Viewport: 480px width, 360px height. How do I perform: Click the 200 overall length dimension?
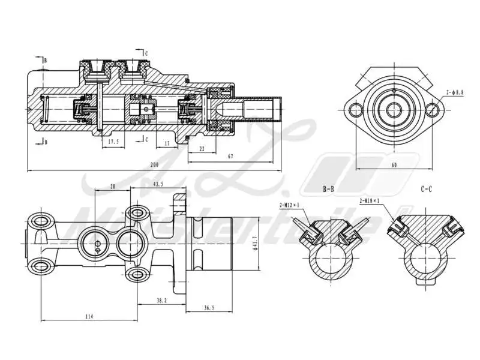pos(154,164)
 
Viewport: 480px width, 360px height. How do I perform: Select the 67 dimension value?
pos(230,157)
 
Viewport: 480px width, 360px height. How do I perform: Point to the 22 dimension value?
pos(202,148)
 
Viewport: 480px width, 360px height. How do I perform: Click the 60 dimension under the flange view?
pos(393,164)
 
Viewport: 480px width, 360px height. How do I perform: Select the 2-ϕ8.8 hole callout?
pos(454,92)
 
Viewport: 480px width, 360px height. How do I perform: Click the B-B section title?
pos(328,188)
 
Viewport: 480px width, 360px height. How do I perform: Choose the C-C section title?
pos(427,188)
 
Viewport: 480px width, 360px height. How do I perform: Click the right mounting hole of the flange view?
pos(431,110)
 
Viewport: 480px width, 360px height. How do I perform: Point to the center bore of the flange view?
pos(394,110)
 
